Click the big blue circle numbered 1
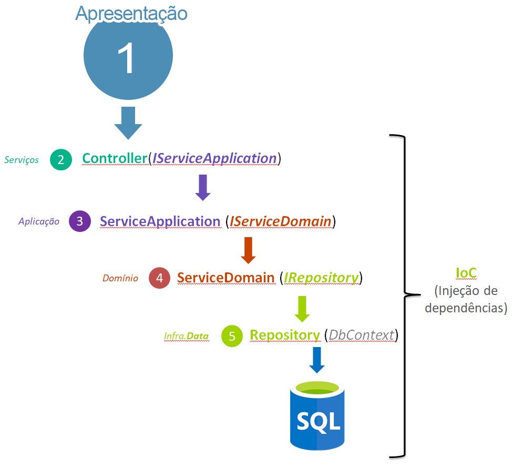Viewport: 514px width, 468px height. tap(128, 58)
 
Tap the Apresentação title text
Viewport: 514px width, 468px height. tap(131, 13)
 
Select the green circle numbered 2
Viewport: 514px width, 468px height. tap(61, 160)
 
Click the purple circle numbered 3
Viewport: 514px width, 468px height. tap(79, 221)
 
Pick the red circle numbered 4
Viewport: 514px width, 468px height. tap(159, 278)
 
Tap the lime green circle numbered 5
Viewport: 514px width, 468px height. tap(232, 335)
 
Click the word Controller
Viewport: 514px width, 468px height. tap(114, 158)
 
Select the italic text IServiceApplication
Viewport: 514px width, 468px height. tap(214, 158)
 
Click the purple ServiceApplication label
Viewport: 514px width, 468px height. tap(160, 221)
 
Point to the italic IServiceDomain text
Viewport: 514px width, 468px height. tap(281, 221)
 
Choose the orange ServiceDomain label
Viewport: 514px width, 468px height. tap(225, 277)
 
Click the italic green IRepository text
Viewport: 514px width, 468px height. tap(321, 277)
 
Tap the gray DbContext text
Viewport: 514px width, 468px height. tap(361, 334)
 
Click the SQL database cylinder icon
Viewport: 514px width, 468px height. tap(317, 415)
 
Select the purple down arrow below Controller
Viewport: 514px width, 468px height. tap(203, 188)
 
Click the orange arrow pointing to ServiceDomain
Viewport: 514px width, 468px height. tap(248, 250)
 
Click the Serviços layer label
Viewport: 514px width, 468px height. tap(22, 160)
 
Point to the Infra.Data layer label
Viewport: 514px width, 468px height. tap(186, 335)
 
